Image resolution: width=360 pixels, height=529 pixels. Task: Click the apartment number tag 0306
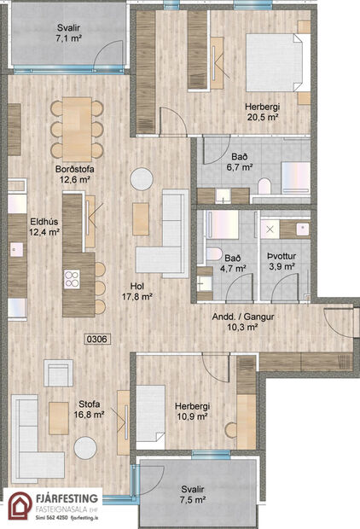coord(97,339)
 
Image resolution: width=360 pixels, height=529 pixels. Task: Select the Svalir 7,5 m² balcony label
coord(193,496)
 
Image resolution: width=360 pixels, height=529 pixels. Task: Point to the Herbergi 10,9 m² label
coord(193,412)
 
